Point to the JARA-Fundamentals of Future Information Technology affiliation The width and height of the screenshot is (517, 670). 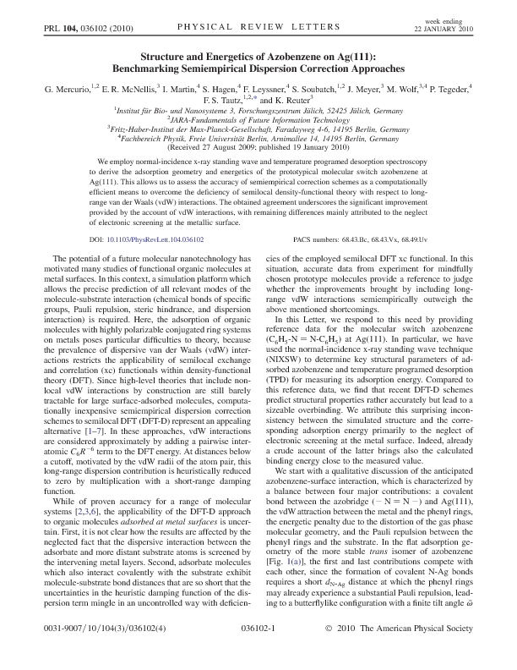(259, 120)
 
